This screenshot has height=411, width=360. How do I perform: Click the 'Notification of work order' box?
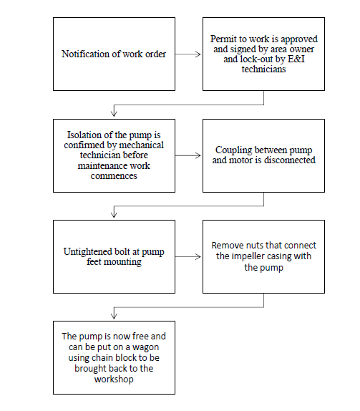pyautogui.click(x=114, y=54)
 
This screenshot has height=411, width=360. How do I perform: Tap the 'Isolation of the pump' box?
pyautogui.click(x=114, y=155)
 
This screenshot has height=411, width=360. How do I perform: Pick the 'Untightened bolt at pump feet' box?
pyautogui.click(x=114, y=256)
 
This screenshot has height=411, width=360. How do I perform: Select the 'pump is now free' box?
pyautogui.click(x=114, y=357)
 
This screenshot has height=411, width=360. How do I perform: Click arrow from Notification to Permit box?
pyautogui.click(x=188, y=54)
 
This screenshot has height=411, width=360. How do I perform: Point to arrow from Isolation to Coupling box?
pyautogui.click(x=188, y=155)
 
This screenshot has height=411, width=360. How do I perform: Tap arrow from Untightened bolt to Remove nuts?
pyautogui.click(x=188, y=256)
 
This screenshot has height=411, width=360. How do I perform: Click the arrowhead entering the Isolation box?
pyautogui.click(x=114, y=113)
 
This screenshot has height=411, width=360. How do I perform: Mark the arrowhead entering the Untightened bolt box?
pyautogui.click(x=114, y=214)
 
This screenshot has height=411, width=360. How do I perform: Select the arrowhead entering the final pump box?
pyautogui.click(x=114, y=316)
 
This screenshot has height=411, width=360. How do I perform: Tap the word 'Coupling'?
pyautogui.click(x=233, y=150)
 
